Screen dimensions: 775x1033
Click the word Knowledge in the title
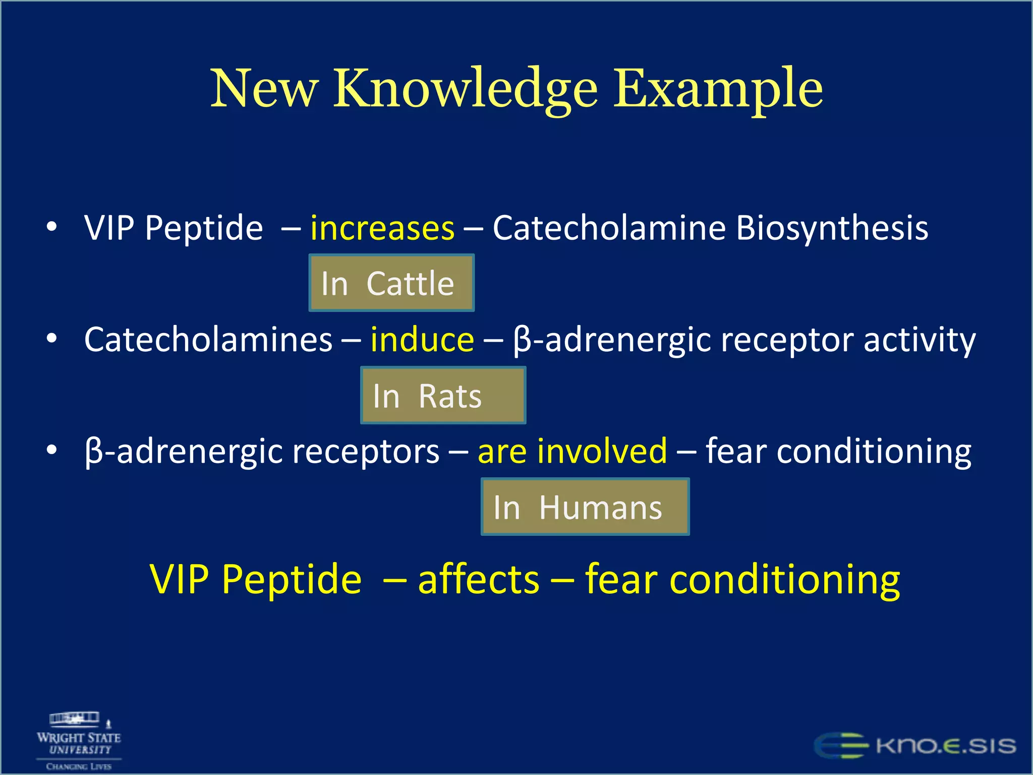pyautogui.click(x=465, y=89)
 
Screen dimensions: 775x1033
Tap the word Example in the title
pyautogui.click(x=718, y=89)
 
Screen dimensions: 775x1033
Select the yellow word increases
pyautogui.click(x=382, y=228)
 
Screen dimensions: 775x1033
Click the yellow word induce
pyautogui.click(x=422, y=340)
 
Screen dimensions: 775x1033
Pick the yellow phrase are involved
pyautogui.click(x=572, y=451)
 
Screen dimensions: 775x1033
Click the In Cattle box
pyautogui.click(x=391, y=283)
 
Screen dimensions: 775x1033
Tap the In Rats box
pyautogui.click(x=443, y=396)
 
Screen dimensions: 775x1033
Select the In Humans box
pyautogui.click(x=585, y=507)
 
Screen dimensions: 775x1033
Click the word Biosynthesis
pyautogui.click(x=832, y=228)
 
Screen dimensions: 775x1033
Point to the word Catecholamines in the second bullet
pyautogui.click(x=208, y=340)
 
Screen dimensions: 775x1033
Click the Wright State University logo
pyautogui.click(x=79, y=741)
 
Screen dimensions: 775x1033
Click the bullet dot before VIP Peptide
pyautogui.click(x=51, y=228)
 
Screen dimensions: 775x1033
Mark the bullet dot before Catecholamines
pyautogui.click(x=51, y=339)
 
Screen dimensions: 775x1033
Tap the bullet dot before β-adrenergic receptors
pyautogui.click(x=51, y=450)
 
